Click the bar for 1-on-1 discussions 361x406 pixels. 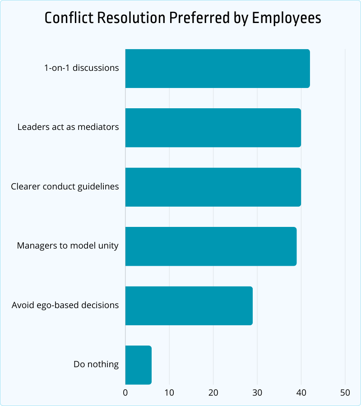[217, 69]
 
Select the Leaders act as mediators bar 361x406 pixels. [213, 128]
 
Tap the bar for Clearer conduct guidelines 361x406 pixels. [213, 187]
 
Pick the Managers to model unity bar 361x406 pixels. [211, 246]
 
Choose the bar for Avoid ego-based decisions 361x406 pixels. [189, 305]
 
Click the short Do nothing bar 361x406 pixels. [138, 364]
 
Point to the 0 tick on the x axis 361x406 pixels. [125, 392]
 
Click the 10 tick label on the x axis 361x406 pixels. [169, 392]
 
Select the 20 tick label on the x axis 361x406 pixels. [213, 392]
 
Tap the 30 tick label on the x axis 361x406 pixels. [257, 392]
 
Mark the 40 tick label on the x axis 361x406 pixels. [301, 392]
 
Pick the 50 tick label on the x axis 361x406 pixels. [345, 392]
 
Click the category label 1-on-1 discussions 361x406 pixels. [81, 68]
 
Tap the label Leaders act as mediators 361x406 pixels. [68, 127]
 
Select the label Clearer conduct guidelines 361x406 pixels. [65, 186]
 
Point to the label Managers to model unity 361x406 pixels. [68, 246]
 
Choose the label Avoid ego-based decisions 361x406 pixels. [65, 305]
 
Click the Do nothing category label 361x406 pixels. [96, 364]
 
